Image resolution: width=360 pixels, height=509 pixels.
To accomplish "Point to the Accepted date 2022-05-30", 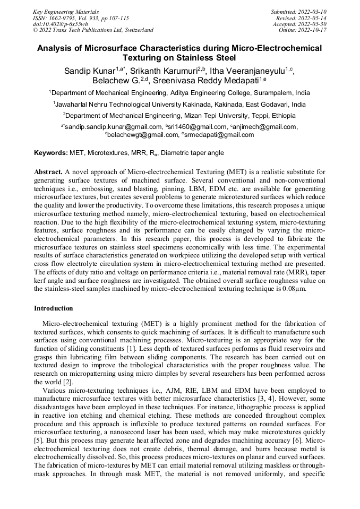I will (x=312, y=24).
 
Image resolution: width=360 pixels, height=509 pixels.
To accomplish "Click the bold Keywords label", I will (x=51, y=153).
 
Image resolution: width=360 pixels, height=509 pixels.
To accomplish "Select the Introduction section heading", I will (x=53, y=308).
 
